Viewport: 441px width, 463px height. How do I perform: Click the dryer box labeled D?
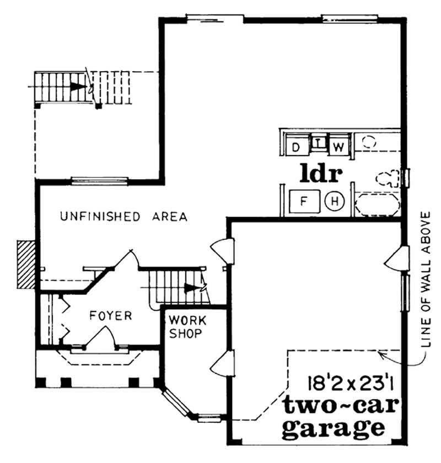point(296,147)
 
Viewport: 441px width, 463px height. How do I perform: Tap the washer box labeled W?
point(340,147)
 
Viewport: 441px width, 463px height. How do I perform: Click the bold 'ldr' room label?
point(321,173)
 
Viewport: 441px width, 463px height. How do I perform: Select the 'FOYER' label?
point(111,316)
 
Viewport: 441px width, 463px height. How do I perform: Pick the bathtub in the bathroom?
point(377,204)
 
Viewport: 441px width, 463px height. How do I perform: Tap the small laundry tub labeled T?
point(319,144)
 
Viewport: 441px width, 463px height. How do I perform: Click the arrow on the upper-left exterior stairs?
point(79,87)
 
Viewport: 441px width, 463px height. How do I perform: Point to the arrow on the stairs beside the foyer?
point(192,287)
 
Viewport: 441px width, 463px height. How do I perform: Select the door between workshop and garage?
point(223,364)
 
